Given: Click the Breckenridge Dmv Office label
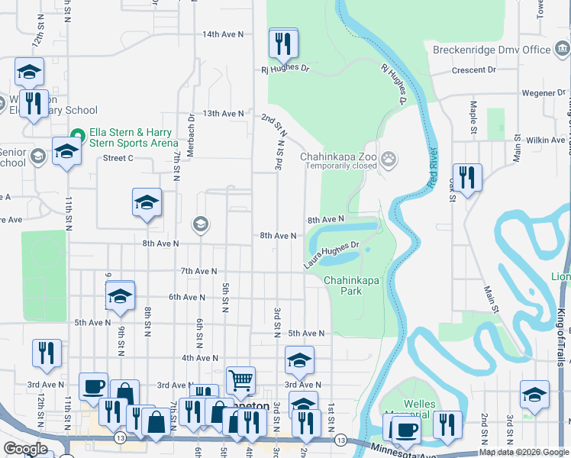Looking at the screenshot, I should pos(492,50).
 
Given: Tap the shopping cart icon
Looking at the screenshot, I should pos(240,379).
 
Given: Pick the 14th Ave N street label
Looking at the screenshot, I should pos(223,34).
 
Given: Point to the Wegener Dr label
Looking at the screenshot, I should pos(544,93).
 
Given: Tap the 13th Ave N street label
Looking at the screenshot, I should pos(223,113).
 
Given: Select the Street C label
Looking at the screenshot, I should pos(118,158).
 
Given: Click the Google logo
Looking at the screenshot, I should pos(25,449).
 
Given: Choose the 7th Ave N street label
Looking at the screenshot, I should pos(198,271).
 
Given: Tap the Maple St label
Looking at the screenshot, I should pos(473,113).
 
